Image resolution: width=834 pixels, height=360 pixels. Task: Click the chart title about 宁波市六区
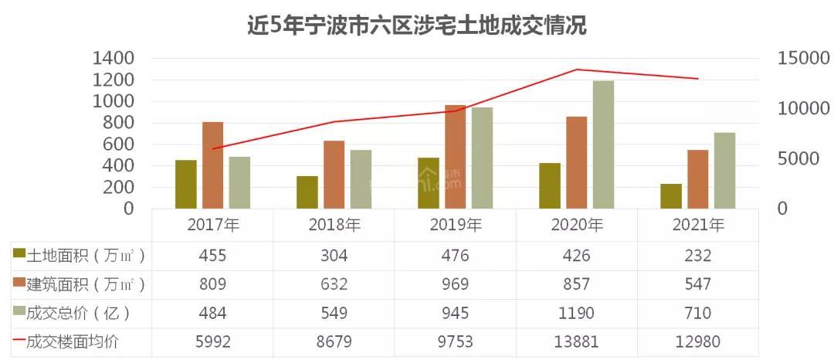pos(417,25)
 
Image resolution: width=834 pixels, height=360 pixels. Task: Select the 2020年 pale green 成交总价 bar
pos(603,144)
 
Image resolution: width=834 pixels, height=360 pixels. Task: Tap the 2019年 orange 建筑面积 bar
pos(455,157)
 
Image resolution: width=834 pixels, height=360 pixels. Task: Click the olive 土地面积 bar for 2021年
pos(671,196)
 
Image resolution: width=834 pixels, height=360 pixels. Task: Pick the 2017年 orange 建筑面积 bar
pos(213,165)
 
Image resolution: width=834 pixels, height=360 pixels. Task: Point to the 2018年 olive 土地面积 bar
pos(307,192)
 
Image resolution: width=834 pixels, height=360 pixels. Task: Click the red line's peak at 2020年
pos(577,70)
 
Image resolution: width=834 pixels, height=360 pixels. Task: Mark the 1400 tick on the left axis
pos(114,59)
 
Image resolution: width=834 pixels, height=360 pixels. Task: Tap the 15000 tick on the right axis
pos(803,59)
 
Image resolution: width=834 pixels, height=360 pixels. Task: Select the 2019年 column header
pos(455,226)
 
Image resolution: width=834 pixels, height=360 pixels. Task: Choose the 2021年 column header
pos(698,226)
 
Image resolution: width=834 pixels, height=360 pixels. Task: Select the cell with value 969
pos(455,285)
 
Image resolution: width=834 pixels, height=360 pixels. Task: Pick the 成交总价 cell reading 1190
pos(577,313)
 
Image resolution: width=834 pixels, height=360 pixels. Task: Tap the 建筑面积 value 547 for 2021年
pos(698,285)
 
